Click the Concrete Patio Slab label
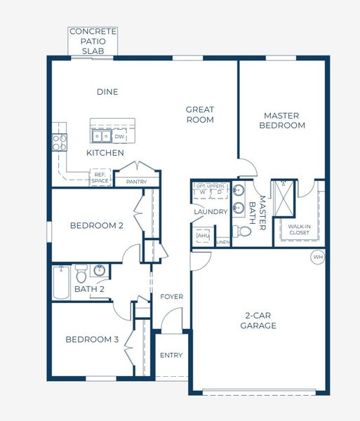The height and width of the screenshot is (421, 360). (93, 41)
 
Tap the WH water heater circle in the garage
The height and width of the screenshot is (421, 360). (318, 258)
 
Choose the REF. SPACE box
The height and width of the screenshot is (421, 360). (100, 178)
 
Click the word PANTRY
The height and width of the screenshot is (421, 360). (137, 182)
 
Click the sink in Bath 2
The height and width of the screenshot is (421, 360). (100, 270)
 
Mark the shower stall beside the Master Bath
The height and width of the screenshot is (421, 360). (286, 199)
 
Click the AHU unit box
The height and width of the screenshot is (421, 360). (203, 236)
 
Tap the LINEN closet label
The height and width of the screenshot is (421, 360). (223, 242)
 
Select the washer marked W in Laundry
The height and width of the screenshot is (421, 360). (203, 192)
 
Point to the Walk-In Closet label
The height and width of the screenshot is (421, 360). (299, 229)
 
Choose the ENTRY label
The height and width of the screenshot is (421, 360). (171, 355)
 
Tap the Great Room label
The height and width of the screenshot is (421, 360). (199, 114)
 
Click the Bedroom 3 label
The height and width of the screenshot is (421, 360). (92, 340)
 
